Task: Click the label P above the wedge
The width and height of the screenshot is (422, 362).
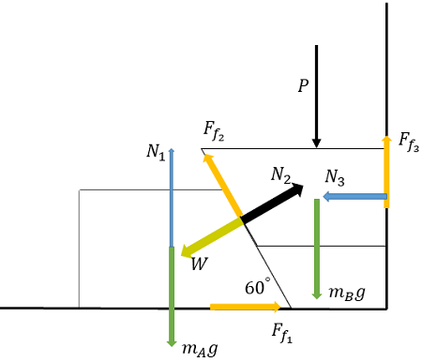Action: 302,85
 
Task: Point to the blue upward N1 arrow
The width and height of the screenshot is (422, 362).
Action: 171,197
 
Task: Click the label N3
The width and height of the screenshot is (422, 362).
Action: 337,176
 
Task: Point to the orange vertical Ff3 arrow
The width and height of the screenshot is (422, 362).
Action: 385,171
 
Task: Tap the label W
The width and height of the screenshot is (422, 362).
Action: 199,264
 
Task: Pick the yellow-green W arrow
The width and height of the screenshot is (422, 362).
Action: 212,237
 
